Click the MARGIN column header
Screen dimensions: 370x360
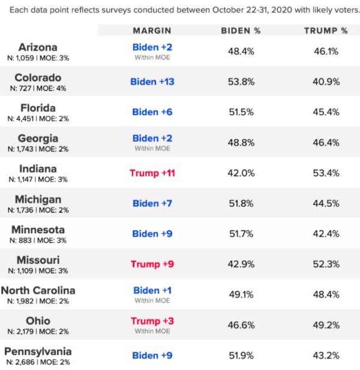coord(152,31)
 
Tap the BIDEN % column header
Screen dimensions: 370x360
coord(241,31)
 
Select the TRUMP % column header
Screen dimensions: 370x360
coord(326,31)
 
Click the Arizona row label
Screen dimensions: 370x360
coord(38,47)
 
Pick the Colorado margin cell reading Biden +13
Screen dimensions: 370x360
coord(152,81)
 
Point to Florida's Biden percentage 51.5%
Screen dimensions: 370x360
coord(241,112)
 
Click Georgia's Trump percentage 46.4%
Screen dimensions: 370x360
coord(326,143)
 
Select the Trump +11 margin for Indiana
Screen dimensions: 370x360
coord(152,173)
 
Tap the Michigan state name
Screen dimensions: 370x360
coord(38,198)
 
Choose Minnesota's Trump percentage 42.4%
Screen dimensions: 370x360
coord(326,234)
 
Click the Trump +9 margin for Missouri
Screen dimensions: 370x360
coord(152,264)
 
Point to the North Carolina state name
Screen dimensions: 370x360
coord(38,290)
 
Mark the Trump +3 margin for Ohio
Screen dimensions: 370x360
coord(152,321)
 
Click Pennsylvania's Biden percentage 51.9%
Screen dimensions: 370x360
coord(241,356)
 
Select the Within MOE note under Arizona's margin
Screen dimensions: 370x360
coord(152,58)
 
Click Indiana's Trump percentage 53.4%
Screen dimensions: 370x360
coord(326,173)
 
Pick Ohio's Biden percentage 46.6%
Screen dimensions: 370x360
coord(241,325)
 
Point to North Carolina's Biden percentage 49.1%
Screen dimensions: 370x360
coord(241,294)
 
